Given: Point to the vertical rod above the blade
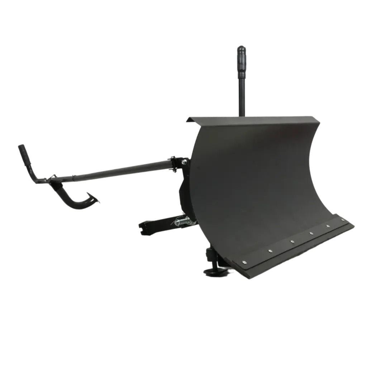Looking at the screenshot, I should click(241, 93).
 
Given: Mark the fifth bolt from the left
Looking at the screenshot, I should click(328, 226).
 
